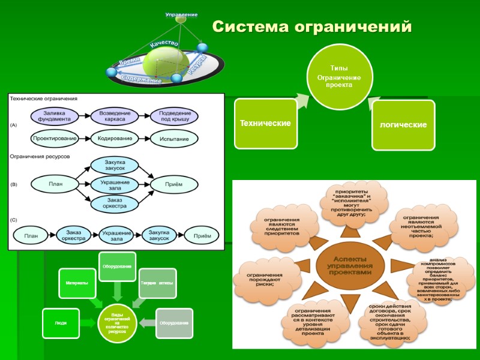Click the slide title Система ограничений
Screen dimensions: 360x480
tap(312, 28)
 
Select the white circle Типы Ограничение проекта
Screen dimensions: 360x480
tap(339, 76)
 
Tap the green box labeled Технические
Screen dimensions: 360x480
tap(265, 123)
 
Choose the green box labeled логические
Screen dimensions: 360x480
tap(403, 125)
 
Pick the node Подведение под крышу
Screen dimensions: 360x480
tap(175, 115)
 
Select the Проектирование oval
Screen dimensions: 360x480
tap(54, 139)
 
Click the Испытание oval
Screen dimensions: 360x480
tap(175, 139)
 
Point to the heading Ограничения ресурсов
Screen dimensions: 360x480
tap(40, 156)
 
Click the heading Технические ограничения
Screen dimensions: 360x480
tap(43, 98)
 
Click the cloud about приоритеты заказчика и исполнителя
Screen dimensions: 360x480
tap(352, 204)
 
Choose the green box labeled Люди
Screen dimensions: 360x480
tap(60, 323)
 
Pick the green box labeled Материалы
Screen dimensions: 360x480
tap(76, 283)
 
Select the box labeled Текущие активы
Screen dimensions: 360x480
tap(157, 283)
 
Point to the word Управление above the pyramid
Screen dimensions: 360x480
tap(181, 14)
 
